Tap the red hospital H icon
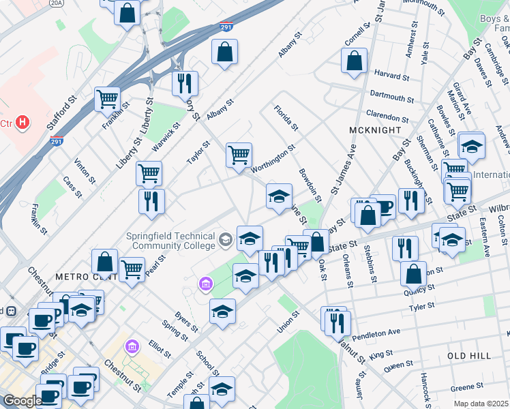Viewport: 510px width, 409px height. (22, 123)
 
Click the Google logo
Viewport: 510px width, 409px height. (22, 401)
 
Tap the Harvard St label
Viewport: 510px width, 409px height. (391, 75)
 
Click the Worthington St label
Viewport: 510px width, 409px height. (272, 158)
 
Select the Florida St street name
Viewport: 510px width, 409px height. (286, 117)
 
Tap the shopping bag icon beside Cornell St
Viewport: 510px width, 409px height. (355, 60)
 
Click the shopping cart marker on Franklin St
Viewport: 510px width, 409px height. (107, 100)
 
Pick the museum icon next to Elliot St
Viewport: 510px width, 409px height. (132, 348)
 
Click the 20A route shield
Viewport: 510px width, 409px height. (56, 3)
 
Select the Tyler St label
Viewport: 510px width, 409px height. (417, 307)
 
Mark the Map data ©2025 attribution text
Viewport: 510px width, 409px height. (481, 404)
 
